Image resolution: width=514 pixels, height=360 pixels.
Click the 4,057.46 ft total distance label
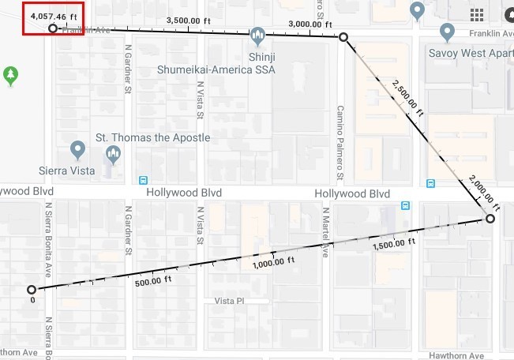(53, 15)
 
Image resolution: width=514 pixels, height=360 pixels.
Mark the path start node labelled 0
(32, 290)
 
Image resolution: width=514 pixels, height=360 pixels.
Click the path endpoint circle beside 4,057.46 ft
(53, 28)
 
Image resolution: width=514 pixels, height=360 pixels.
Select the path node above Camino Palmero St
(343, 37)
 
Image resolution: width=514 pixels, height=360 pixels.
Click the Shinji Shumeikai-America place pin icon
(257, 36)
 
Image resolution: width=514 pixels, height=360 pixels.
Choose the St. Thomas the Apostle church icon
(113, 154)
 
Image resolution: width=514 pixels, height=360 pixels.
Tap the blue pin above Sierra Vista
(77, 148)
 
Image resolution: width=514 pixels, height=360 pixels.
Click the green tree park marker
(9, 75)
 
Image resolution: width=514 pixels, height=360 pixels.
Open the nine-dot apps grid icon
(477, 15)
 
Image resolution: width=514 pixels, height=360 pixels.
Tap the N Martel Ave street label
(325, 232)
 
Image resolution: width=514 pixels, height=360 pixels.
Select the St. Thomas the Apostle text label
(153, 137)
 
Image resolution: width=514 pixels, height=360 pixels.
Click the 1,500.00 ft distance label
(393, 244)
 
